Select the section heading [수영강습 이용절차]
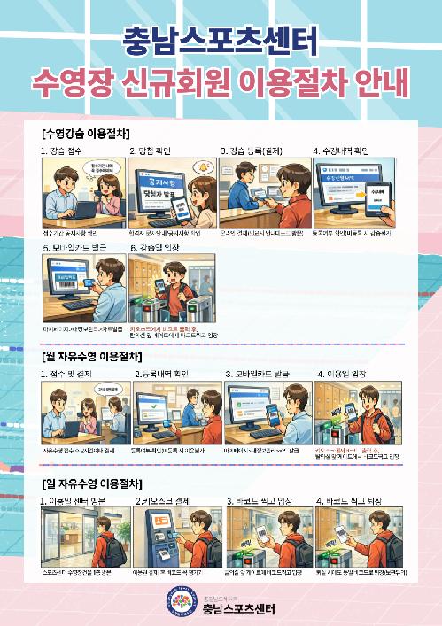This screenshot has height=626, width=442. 86,133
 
